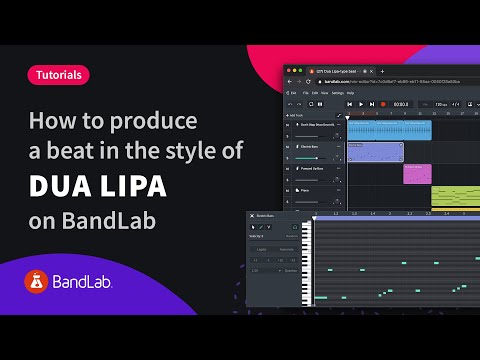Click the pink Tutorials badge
[x=59, y=74]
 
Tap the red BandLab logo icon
[x=38, y=284]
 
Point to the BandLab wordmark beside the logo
[x=84, y=285]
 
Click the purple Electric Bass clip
[x=374, y=152]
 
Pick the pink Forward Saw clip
[x=417, y=173]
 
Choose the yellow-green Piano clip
[x=455, y=196]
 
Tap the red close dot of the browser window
[x=291, y=72]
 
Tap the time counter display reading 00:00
[x=400, y=103]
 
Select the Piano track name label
[x=301, y=190]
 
